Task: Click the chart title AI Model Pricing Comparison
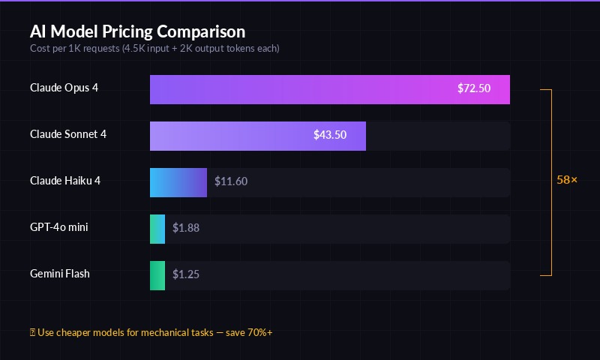(x=137, y=31)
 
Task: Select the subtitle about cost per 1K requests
(x=154, y=48)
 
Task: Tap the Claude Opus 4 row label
(x=64, y=88)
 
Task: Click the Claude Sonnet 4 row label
(x=68, y=134)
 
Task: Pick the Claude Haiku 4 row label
(x=65, y=181)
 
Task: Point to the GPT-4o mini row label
(x=59, y=227)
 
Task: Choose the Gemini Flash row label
(x=60, y=274)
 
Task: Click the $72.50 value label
(x=474, y=88)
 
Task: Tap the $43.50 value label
(x=330, y=135)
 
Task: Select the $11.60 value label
(x=231, y=181)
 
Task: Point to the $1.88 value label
(x=186, y=228)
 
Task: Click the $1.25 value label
(x=186, y=274)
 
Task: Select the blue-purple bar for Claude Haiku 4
(x=178, y=182)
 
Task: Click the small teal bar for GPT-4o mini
(x=157, y=229)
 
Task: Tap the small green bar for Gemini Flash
(x=157, y=275)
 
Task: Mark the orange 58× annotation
(x=567, y=181)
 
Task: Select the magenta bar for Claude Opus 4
(x=300, y=89)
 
